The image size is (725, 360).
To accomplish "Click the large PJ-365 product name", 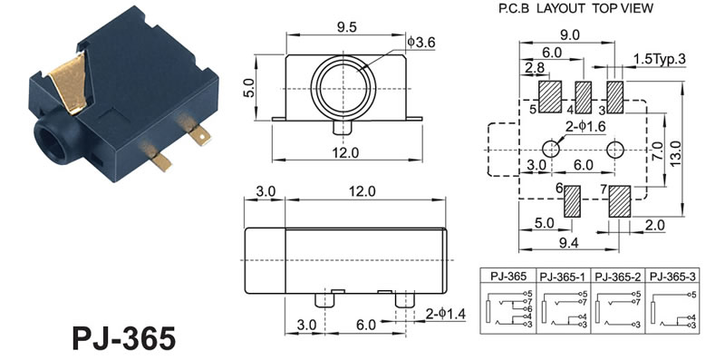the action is [124, 338].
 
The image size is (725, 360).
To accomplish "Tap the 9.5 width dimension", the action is [346, 28].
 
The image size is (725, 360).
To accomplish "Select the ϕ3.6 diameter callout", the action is [421, 43].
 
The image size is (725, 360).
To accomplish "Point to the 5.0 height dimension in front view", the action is [248, 87].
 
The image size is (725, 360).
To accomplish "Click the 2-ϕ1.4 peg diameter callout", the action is [446, 314].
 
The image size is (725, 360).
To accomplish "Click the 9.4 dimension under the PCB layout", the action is [568, 242].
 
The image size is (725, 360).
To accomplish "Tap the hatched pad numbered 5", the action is [550, 97].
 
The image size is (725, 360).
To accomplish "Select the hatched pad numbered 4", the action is [583, 97].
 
